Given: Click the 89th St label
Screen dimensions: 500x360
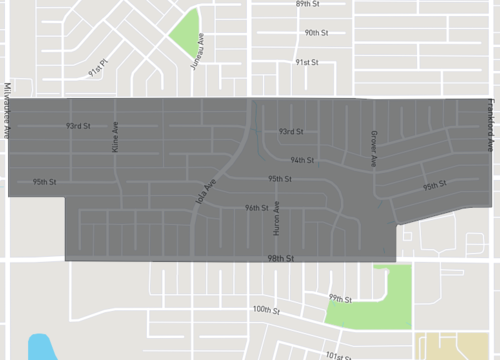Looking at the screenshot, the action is [306, 5].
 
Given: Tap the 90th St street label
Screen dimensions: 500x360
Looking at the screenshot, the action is [317, 33].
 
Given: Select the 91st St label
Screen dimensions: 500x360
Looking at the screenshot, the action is [306, 62].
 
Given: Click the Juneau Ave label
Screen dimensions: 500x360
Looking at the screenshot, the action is [197, 51].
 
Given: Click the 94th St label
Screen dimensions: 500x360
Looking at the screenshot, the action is [303, 160].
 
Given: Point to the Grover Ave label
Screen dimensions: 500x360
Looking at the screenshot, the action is [374, 147].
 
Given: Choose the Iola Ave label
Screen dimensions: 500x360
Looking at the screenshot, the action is [204, 193].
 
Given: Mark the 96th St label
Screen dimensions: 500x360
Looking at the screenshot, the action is [257, 208].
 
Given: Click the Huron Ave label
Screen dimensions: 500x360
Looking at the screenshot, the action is [277, 219].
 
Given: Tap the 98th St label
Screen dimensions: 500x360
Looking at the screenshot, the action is [281, 258].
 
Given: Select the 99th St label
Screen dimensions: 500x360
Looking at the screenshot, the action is [341, 299].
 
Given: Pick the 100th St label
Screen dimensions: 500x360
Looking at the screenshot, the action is [265, 310].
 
